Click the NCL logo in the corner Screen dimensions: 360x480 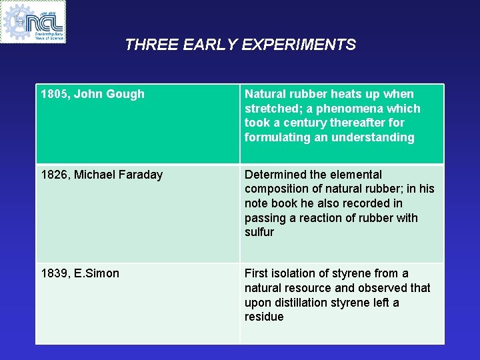pyautogui.click(x=33, y=21)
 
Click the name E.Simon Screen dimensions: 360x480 pyautogui.click(x=97, y=273)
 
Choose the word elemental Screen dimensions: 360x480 pyautogui.click(x=357, y=175)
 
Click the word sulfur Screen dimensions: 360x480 pyautogui.click(x=259, y=232)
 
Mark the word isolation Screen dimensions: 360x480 pyautogui.click(x=295, y=273)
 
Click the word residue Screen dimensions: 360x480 pyautogui.click(x=264, y=317)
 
